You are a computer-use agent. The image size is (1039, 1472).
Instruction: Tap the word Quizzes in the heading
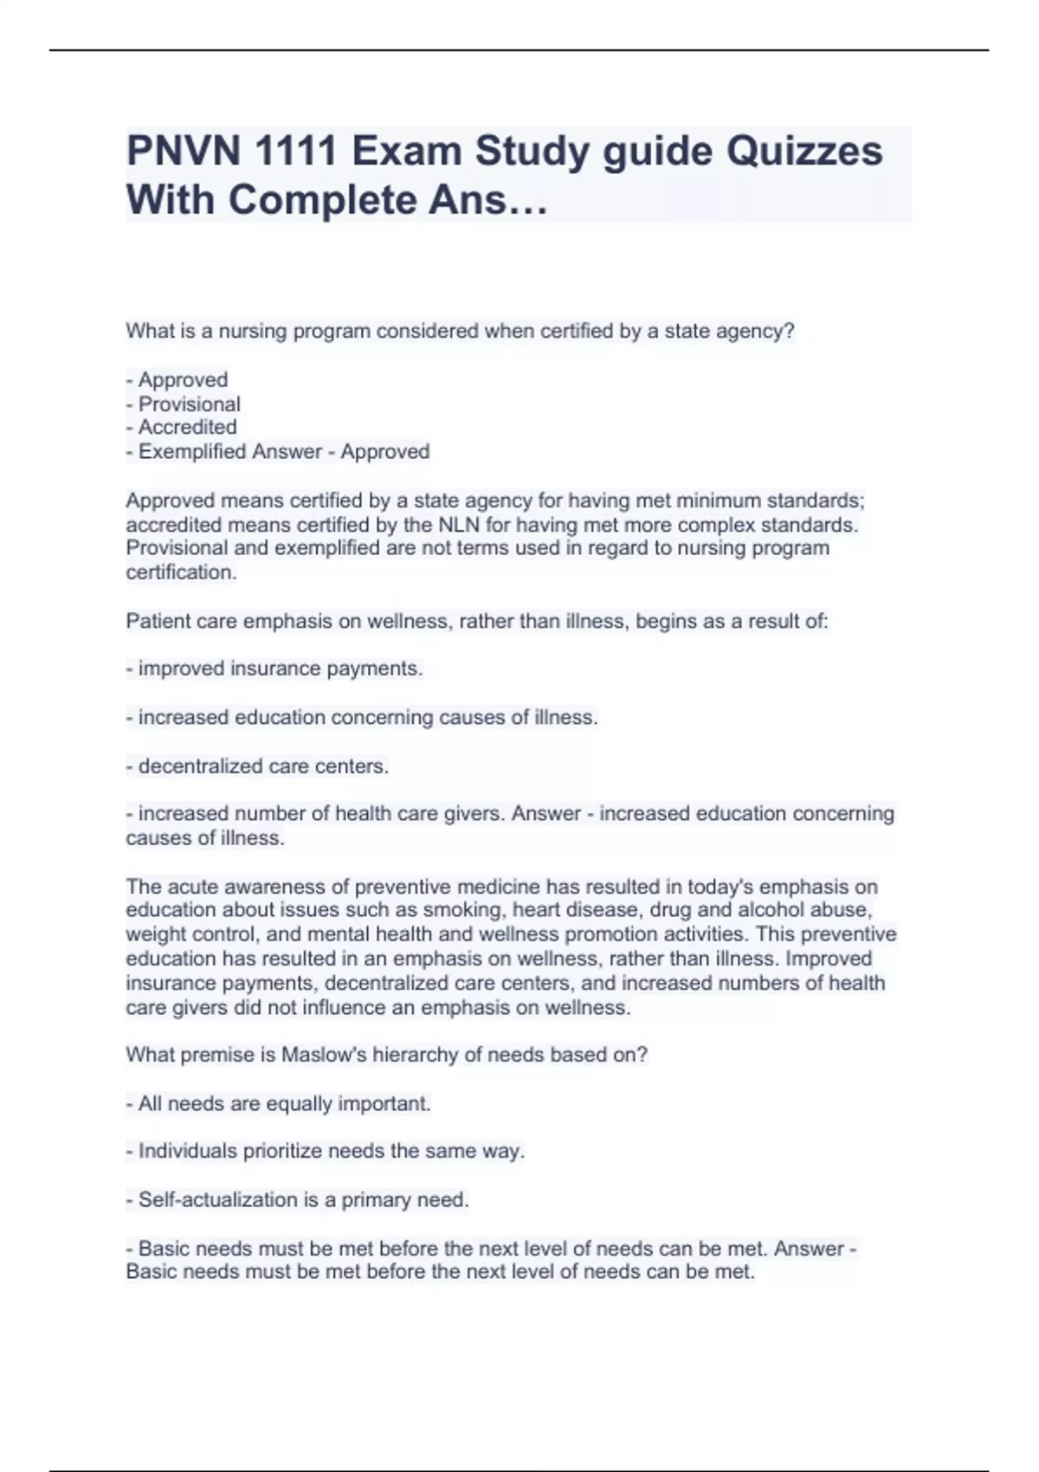(x=804, y=152)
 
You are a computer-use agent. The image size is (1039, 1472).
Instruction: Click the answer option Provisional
(x=189, y=404)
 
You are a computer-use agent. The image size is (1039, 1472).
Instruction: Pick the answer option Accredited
(x=187, y=427)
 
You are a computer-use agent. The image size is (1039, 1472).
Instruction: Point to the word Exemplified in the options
(x=192, y=451)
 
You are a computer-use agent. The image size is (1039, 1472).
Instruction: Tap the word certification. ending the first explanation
(x=181, y=572)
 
